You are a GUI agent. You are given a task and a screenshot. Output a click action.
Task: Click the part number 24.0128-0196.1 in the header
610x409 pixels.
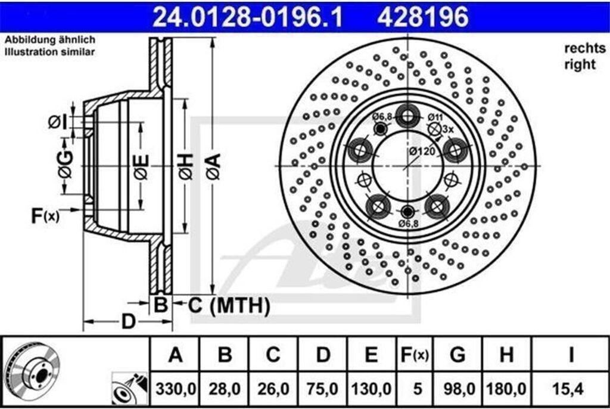(248, 17)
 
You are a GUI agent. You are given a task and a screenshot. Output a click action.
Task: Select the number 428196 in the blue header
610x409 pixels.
(423, 17)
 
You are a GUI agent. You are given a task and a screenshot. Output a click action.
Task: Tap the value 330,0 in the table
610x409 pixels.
(175, 389)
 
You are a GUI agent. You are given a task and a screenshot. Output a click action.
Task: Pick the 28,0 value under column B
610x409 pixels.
(224, 389)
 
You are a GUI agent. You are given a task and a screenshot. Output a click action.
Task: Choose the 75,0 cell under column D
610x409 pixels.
(322, 389)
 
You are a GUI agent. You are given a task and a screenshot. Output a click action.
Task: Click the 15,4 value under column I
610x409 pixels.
(570, 389)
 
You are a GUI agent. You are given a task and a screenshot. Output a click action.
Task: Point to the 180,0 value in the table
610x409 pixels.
(506, 389)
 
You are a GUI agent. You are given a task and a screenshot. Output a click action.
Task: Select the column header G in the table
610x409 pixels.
(457, 356)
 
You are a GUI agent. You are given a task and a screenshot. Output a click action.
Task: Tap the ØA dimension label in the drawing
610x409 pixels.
(213, 166)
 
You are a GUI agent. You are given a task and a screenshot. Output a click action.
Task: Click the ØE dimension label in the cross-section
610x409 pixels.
(141, 166)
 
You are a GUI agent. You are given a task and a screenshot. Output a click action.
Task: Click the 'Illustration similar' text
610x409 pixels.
(50, 52)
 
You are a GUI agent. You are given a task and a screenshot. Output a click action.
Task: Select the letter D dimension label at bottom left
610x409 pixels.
(127, 321)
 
